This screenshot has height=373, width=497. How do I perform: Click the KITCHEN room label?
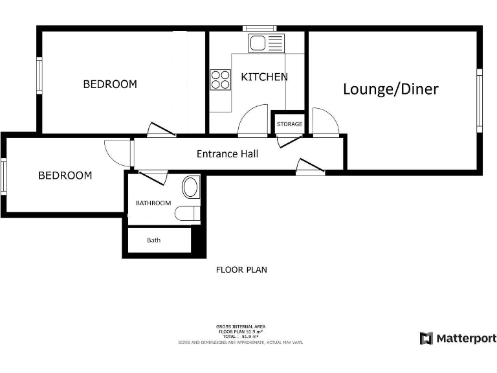264,77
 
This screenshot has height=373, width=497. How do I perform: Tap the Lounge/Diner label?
390,89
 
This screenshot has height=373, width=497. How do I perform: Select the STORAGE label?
289,124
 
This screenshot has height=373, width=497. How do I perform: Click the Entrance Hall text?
227,154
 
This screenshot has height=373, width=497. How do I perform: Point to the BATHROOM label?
153,203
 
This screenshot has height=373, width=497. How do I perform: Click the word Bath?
153,240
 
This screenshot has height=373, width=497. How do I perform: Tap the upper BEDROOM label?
110,84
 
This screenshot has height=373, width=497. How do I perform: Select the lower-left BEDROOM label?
65,175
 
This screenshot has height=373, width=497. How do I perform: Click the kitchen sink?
257,44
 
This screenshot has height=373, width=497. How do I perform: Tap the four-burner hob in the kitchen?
221,79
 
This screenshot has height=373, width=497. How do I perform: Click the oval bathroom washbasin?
192,187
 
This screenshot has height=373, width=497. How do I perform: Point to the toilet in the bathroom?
188,213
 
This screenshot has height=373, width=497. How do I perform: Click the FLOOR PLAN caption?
241,270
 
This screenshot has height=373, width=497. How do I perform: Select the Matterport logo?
458,338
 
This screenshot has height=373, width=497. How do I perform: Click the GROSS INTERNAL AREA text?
241,326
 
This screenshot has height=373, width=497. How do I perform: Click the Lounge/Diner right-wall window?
480,100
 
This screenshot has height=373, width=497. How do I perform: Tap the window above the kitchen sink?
260,28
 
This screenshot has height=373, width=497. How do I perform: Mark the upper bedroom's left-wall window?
39,76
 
